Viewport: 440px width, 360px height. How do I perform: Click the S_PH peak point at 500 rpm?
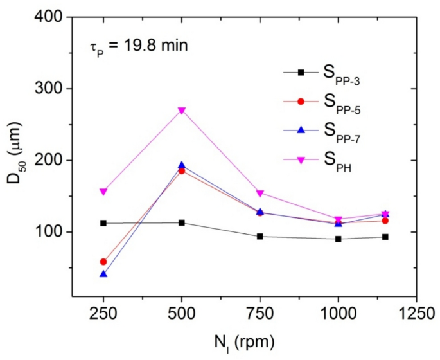coord(182,110)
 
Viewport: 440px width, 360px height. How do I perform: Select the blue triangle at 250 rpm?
coord(103,274)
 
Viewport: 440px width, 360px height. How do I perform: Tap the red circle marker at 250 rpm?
coord(103,262)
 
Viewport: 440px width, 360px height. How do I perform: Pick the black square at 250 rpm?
coord(103,223)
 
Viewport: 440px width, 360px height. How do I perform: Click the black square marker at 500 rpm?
coord(182,222)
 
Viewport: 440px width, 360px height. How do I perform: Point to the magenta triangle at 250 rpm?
coord(103,192)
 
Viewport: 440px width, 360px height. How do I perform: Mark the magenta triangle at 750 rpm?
coord(260,194)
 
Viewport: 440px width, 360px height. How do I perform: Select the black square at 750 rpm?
coord(260,236)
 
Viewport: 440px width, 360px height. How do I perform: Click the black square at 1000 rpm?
coord(339,239)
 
